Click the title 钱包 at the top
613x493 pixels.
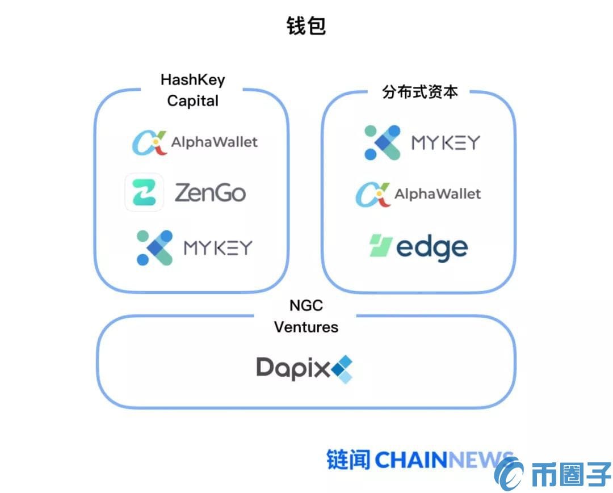(306, 26)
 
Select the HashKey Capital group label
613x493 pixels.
(192, 90)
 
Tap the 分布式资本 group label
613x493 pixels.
(419, 92)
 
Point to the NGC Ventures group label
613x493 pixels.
(306, 316)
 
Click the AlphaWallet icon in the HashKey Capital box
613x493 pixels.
(149, 142)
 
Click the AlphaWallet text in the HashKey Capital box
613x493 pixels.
(215, 142)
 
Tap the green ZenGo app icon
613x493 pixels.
(144, 192)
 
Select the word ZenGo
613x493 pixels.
(210, 193)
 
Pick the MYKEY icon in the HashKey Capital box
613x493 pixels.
(154, 248)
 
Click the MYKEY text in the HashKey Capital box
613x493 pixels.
(218, 248)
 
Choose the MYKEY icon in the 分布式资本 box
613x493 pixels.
(382, 142)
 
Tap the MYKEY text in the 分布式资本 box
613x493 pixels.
(446, 142)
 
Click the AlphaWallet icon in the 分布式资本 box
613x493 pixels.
(372, 195)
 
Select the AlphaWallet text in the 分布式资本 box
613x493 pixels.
(438, 194)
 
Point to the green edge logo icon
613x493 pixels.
(381, 246)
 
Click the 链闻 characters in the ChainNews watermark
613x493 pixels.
(348, 460)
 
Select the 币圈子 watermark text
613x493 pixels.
(570, 474)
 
